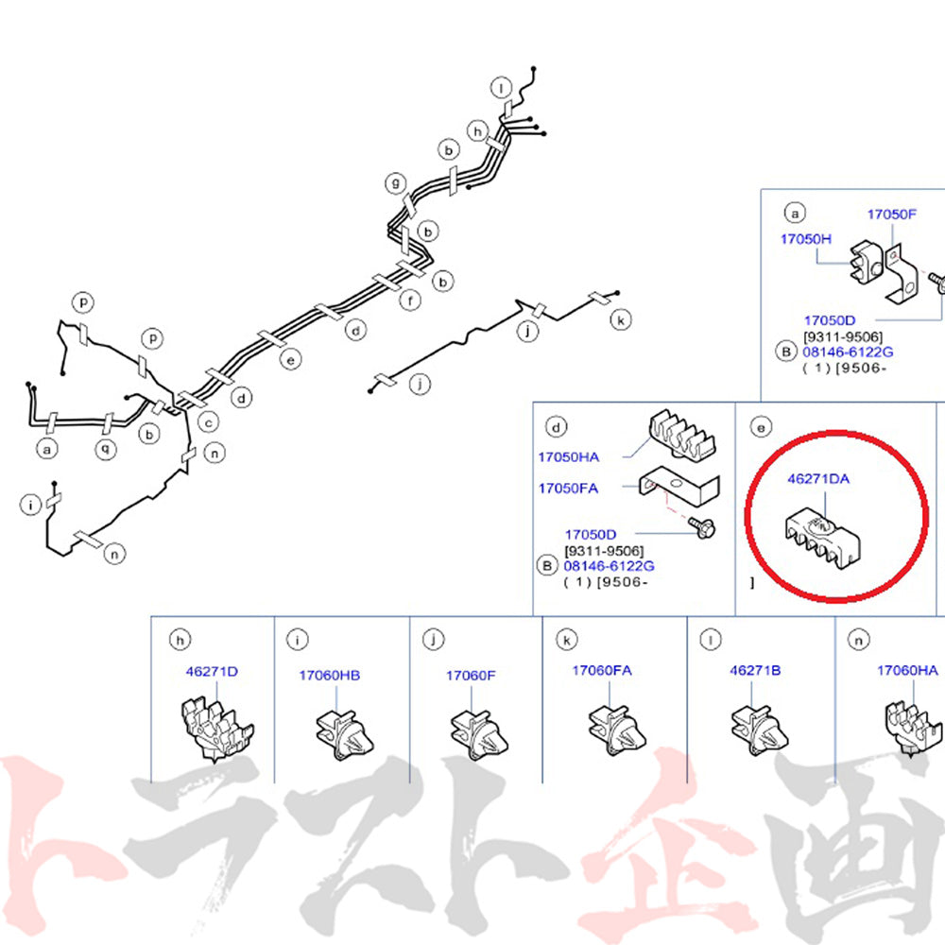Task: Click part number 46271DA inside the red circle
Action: (x=817, y=478)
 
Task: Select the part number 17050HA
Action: (x=568, y=456)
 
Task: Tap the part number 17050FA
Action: (x=568, y=489)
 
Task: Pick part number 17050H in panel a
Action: (x=806, y=239)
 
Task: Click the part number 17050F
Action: (x=891, y=214)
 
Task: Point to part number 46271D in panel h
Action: (x=212, y=671)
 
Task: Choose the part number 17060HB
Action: (x=329, y=676)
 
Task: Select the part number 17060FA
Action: (x=601, y=670)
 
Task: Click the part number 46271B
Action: (x=755, y=670)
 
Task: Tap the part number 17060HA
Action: (x=907, y=670)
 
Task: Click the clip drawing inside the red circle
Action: (x=822, y=538)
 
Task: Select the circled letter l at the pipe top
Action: (x=501, y=88)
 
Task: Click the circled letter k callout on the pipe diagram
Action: (x=621, y=319)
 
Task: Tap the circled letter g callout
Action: (x=396, y=182)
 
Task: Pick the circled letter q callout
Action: (x=106, y=449)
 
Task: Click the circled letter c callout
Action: (x=209, y=421)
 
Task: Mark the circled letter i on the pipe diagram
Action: (x=30, y=505)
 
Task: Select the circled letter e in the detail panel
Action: (x=761, y=427)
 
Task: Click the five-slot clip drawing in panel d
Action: (x=681, y=434)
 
